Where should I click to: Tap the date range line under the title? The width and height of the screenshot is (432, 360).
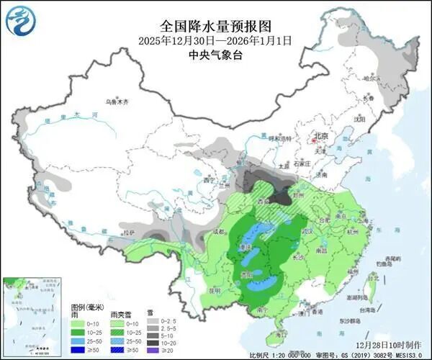pos(215,41)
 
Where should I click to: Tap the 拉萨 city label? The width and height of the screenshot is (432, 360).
pos(127,233)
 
